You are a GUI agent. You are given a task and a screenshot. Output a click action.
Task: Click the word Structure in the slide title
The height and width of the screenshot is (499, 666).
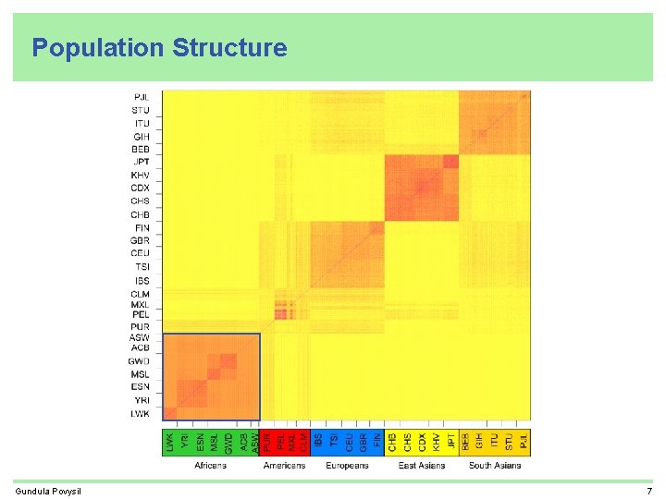click(x=229, y=48)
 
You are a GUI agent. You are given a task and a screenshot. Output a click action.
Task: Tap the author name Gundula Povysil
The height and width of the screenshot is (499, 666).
click(x=48, y=491)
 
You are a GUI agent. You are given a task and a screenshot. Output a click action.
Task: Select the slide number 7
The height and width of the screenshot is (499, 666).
click(x=649, y=491)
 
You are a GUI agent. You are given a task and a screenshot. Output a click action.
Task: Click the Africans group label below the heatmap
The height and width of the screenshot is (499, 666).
click(x=210, y=466)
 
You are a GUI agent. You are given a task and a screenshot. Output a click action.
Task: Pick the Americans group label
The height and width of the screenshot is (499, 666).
click(x=284, y=466)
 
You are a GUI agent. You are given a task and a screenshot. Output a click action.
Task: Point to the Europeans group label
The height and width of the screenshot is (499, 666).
click(x=347, y=466)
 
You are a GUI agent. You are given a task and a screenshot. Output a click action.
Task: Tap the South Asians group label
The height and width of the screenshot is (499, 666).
click(x=494, y=466)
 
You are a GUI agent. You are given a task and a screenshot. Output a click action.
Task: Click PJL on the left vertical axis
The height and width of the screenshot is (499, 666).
click(x=142, y=97)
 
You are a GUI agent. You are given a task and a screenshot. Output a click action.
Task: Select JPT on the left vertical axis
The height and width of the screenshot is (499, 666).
click(x=141, y=162)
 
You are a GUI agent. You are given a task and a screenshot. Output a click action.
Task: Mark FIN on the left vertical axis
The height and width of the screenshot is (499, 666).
click(x=141, y=227)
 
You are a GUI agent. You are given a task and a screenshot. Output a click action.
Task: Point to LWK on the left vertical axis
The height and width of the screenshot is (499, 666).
click(x=140, y=414)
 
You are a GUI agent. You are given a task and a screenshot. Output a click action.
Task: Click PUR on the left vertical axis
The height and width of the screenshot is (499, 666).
click(x=141, y=327)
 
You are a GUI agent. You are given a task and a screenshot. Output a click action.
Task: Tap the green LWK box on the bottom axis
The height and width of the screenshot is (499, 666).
click(x=170, y=442)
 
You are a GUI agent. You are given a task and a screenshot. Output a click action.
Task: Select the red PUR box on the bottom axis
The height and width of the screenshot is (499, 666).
click(x=268, y=442)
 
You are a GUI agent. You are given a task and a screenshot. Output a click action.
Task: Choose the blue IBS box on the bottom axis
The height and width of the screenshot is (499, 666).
click(x=318, y=442)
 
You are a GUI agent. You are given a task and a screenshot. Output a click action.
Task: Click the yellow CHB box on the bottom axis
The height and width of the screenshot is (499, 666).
click(x=392, y=442)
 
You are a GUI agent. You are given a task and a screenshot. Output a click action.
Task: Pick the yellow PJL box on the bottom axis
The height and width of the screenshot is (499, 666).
click(x=524, y=442)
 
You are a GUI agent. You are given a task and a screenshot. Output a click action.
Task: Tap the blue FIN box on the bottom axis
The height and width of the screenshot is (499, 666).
click(x=376, y=442)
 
